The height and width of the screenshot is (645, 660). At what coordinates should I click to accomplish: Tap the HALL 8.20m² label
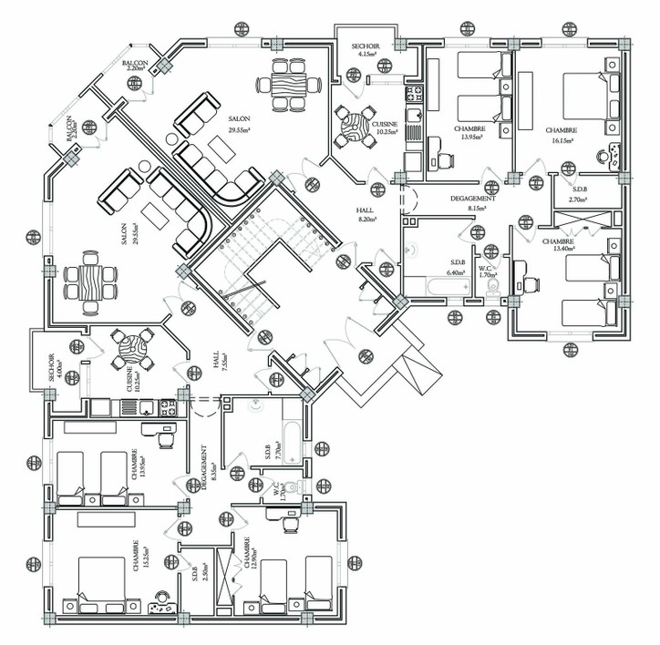click(x=367, y=214)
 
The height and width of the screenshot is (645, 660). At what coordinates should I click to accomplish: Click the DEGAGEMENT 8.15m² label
click(x=473, y=203)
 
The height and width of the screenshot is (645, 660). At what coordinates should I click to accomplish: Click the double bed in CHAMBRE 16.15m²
click(x=584, y=97)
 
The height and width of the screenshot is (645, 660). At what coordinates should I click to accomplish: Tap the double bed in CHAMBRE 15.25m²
click(x=101, y=583)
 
